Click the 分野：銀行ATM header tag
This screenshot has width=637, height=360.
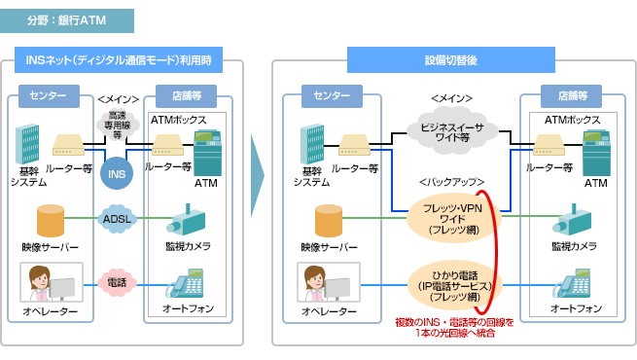tap(67, 20)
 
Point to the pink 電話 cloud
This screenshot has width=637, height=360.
tap(117, 282)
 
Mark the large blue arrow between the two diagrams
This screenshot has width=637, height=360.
tap(257, 181)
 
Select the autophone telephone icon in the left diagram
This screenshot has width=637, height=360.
tap(187, 282)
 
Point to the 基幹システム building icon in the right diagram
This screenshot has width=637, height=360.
tap(311, 144)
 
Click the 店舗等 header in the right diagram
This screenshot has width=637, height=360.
tap(570, 96)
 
